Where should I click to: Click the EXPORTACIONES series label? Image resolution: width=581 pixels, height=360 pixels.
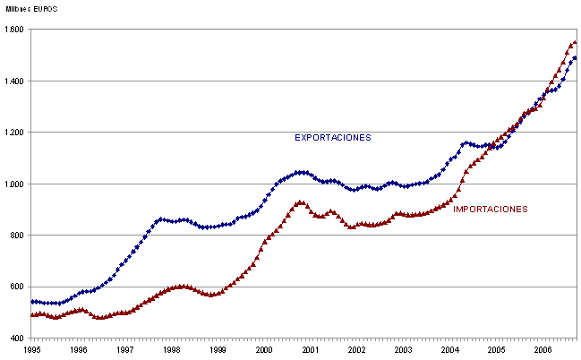333,138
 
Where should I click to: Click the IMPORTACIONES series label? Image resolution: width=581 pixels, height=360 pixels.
491,210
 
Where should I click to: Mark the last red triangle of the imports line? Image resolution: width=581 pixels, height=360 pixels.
575,42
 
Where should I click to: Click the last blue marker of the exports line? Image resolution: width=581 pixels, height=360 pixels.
575,58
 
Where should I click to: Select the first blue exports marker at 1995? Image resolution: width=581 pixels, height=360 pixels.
33,302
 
